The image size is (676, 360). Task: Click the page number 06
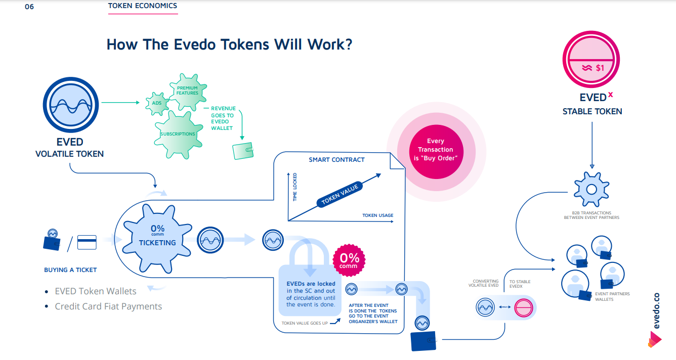tap(29, 7)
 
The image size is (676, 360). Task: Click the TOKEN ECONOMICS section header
tap(143, 6)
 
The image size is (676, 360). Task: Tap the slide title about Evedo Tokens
tap(229, 44)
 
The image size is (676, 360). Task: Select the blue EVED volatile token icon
tap(69, 106)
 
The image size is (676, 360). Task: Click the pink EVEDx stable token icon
tap(592, 61)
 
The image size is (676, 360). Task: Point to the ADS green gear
tap(157, 103)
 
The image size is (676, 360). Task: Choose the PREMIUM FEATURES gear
tap(187, 91)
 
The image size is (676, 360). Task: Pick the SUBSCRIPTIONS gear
tap(178, 134)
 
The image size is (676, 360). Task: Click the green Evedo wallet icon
tap(243, 152)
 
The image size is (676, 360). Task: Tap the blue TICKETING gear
tap(157, 236)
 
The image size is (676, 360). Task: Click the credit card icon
tap(87, 242)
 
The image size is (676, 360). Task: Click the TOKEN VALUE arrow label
tap(340, 194)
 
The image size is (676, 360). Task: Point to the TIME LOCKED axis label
tap(295, 188)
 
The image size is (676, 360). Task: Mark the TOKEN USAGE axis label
tap(377, 216)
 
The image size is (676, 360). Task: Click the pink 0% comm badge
tap(349, 260)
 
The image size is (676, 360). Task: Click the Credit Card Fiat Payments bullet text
tap(108, 306)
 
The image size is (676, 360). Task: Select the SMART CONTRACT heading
tap(336, 160)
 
